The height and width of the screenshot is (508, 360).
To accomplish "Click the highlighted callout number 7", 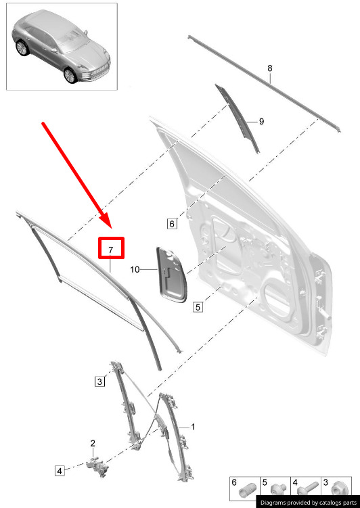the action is coord(111,250).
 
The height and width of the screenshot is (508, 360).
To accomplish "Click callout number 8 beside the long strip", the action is coord(270,68).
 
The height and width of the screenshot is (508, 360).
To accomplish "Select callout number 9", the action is coord(261,122).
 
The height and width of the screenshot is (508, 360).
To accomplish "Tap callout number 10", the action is coord(135,269).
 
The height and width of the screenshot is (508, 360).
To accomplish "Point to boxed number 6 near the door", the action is coord(172,223).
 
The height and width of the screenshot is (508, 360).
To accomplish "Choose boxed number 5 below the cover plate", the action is coord(198,307).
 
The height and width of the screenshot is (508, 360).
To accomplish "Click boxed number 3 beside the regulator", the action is coord(99,381).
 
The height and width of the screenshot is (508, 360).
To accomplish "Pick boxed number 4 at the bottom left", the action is coord(60,470).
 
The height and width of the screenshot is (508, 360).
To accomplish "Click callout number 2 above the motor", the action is coord(93,443).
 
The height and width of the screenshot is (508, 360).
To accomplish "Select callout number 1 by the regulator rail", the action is coord(193,427).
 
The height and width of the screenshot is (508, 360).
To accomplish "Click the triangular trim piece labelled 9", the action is coord(238,118).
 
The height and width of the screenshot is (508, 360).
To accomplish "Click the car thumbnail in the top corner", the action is coord(62,47).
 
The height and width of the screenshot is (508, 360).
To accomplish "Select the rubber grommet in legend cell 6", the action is coord(247,490).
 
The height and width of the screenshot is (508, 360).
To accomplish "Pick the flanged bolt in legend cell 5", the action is coord(278,490).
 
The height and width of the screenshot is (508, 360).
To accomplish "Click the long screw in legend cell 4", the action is coord(307,489).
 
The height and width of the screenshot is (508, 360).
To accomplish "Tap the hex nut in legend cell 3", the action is coord(337,488).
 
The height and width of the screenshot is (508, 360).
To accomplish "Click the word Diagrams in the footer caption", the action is coord(273,503).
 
